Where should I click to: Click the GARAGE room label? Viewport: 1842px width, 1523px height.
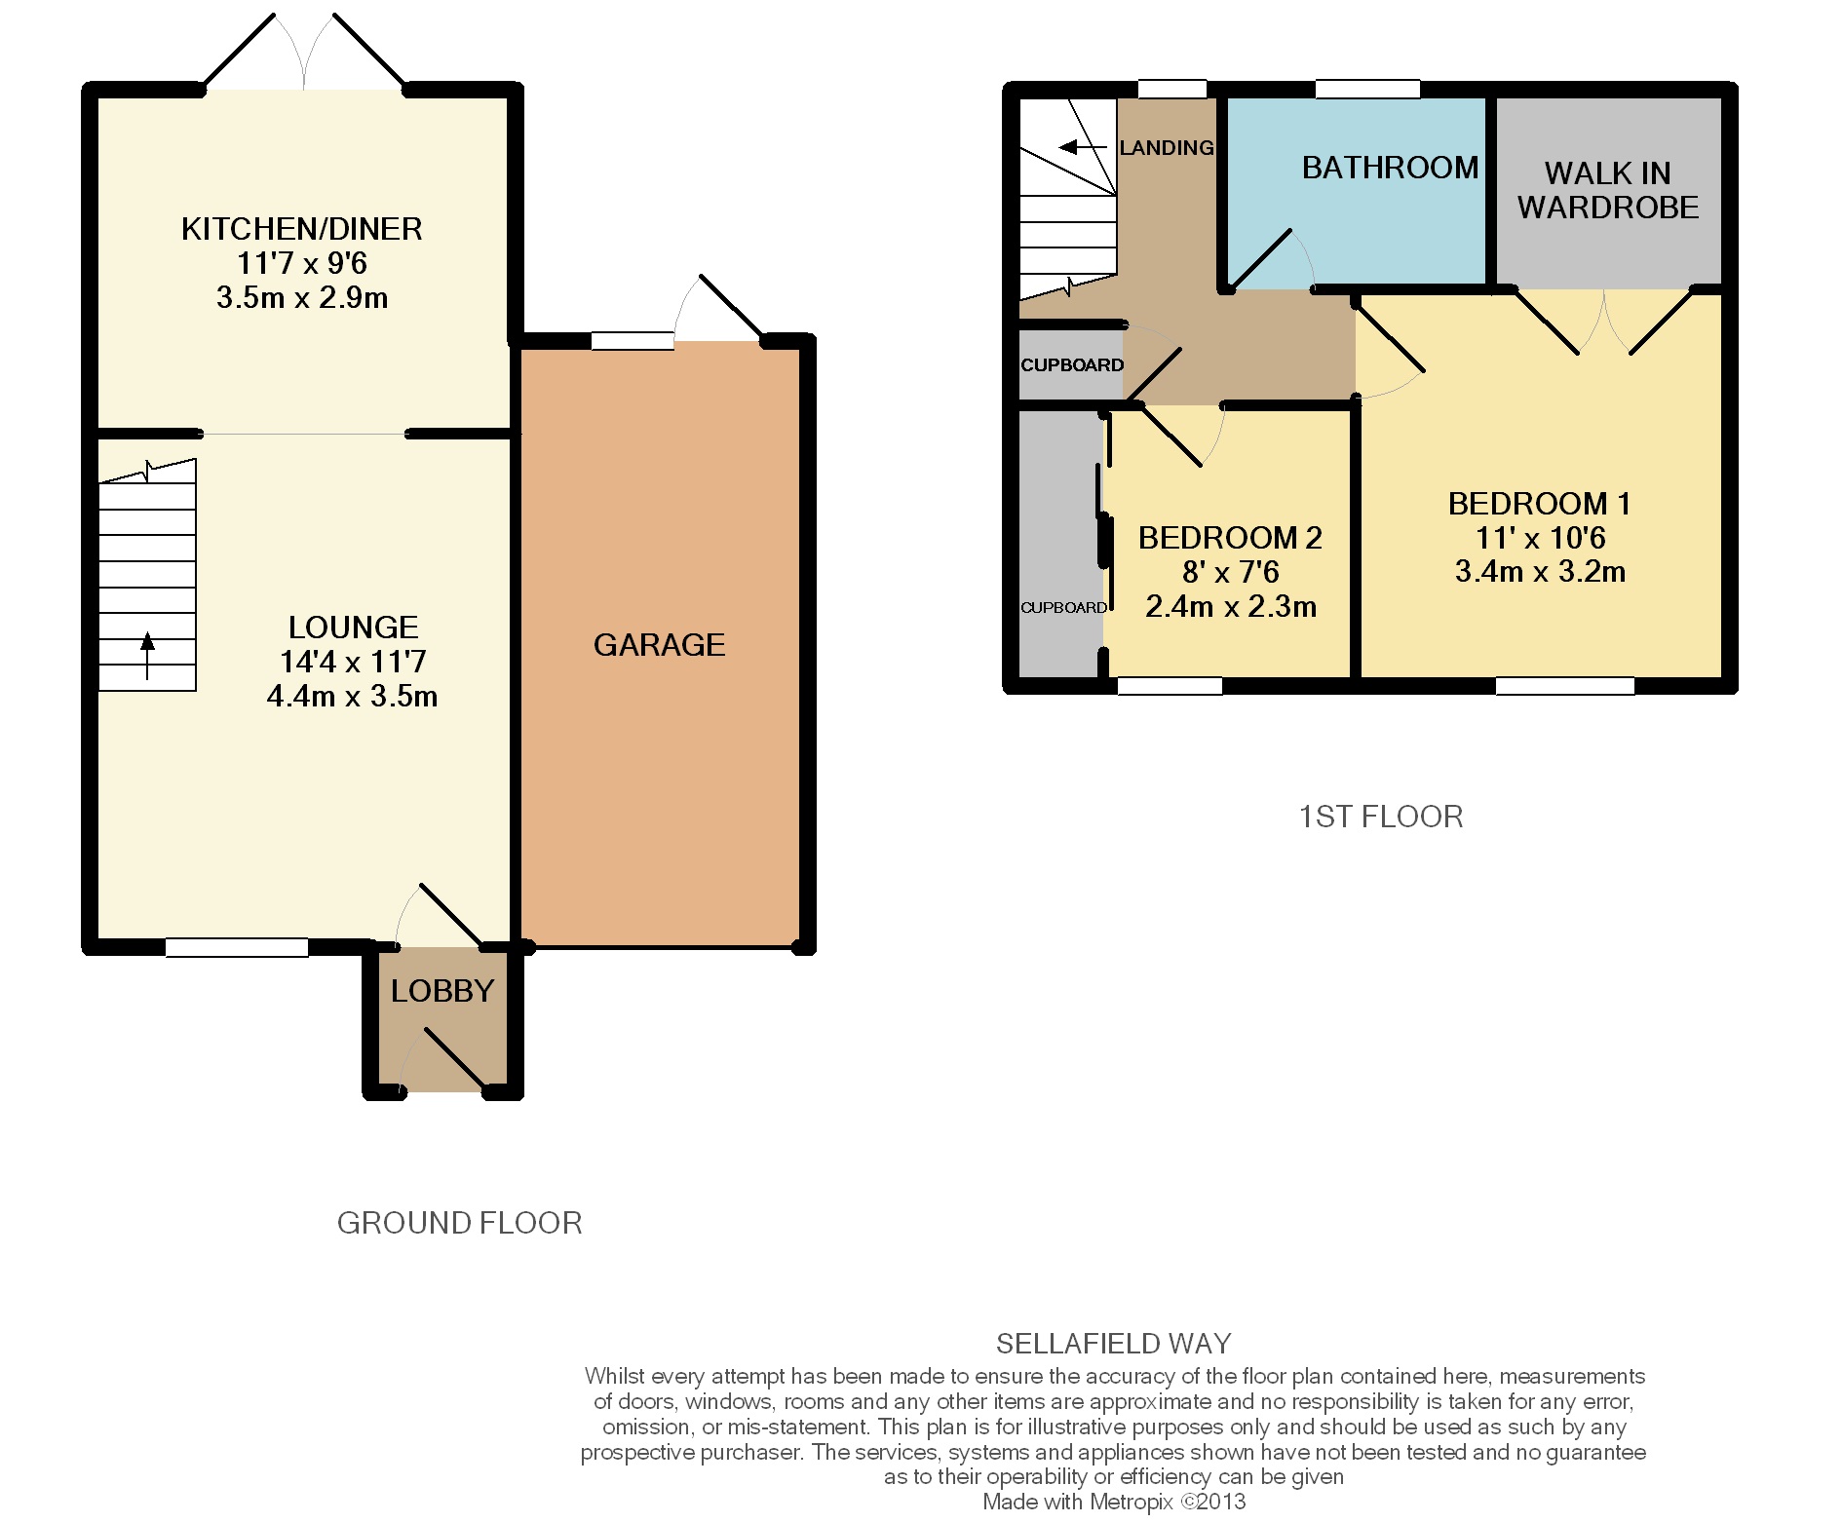(659, 645)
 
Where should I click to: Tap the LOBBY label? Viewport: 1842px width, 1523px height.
(442, 991)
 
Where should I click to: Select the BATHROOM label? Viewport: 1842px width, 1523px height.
(1391, 168)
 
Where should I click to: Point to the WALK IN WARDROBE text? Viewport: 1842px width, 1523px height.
(1608, 190)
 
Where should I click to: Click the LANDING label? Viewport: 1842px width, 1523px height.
(1167, 148)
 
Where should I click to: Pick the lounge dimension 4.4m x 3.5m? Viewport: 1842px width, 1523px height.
(352, 696)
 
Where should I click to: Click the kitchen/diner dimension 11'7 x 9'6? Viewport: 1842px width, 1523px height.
(302, 263)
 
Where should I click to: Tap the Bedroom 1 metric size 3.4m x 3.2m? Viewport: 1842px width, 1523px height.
(1540, 571)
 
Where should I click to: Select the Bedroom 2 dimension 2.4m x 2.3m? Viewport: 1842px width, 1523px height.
(1231, 606)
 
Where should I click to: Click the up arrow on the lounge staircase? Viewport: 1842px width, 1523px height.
(147, 656)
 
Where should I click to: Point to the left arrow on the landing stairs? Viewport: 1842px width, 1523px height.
(1083, 148)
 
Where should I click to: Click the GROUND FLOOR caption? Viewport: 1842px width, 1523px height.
(459, 1223)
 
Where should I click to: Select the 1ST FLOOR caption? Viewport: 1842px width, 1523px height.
(1381, 817)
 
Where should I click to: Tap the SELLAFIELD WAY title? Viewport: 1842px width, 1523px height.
(1114, 1344)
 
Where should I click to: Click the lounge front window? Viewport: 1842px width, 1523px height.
(237, 947)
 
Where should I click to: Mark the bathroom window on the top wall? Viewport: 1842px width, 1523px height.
(1367, 90)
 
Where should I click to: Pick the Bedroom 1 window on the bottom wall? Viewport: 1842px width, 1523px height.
(1565, 686)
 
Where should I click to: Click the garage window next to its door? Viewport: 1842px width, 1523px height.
(633, 341)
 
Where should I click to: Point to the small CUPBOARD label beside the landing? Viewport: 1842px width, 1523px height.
(1072, 365)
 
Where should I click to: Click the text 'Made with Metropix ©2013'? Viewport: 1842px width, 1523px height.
(1114, 1502)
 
